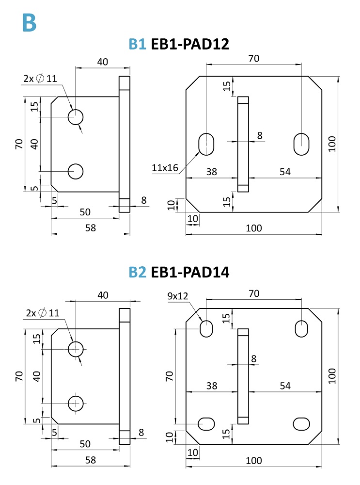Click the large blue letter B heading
click(30, 22)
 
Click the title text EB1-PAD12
click(190, 44)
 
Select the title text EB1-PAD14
click(190, 272)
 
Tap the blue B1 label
click(137, 44)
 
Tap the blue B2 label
click(137, 272)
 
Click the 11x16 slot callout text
click(165, 168)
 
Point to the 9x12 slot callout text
click(178, 296)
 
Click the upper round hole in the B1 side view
click(76, 117)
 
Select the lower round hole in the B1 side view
click(76, 171)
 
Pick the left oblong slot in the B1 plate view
click(206, 144)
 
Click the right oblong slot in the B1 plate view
click(301, 144)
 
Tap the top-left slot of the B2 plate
click(206, 328)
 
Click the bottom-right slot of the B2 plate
click(301, 424)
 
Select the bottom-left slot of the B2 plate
click(206, 424)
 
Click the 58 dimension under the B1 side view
click(91, 228)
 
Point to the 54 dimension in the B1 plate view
click(285, 172)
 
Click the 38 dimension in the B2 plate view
click(212, 386)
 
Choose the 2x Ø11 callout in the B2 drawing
click(43, 313)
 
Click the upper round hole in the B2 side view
click(76, 349)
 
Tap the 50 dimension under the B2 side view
click(85, 444)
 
